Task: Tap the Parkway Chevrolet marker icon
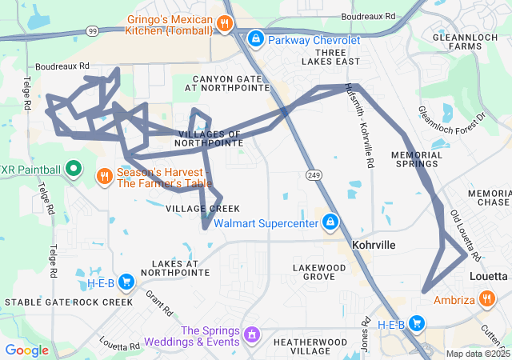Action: pos(255,38)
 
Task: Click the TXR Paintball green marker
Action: pos(74,169)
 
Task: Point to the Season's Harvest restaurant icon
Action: pos(104,176)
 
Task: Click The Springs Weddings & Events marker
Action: pos(251,333)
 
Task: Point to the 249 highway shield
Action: pos(312,174)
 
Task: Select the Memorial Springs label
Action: pos(417,159)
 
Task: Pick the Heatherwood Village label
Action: pos(308,346)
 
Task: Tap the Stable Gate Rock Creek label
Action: pos(69,302)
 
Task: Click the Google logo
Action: pos(26,350)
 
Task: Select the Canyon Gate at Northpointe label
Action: pos(232,84)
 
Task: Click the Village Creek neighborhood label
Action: pos(191,208)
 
